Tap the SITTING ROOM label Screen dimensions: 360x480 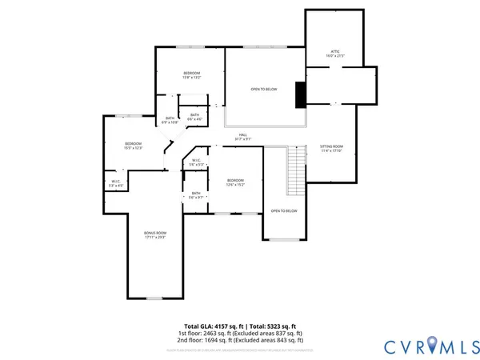332,147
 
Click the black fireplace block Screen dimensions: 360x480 300,94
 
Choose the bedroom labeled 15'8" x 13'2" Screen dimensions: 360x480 191,75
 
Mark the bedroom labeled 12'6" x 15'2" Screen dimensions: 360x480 234,182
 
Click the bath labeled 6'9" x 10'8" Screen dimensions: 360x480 170,120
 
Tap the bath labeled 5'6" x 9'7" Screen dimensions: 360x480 196,194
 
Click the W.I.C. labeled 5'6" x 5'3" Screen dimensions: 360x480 196,162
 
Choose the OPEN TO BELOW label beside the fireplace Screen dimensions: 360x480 263,89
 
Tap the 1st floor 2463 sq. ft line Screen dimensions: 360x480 240,334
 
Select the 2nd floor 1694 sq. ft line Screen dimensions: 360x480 240,341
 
